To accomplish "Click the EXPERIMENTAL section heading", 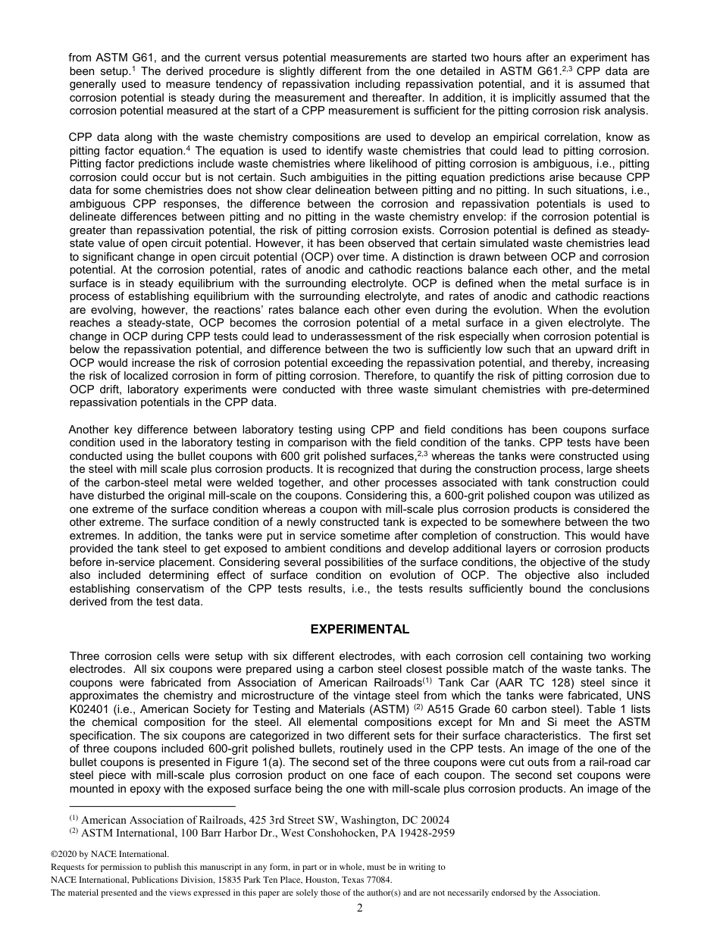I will [360, 630].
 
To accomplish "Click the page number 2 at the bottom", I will [360, 909].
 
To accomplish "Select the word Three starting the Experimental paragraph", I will [84, 656].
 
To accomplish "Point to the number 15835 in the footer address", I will [231, 880].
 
